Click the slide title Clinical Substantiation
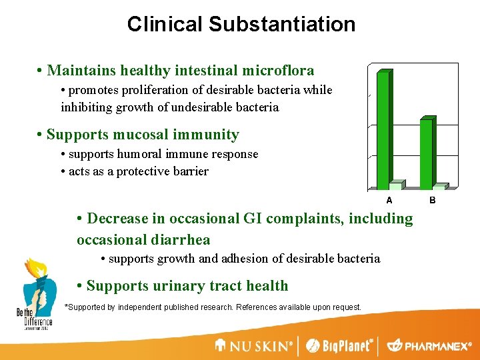[241, 25]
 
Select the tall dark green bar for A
[383, 130]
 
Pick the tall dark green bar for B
[425, 153]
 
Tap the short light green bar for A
[396, 185]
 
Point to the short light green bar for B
[439, 187]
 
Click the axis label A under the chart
[389, 199]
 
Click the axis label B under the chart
[432, 199]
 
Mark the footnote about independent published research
[212, 307]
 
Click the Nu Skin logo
[254, 345]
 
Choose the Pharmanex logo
[429, 345]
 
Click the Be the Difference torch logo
[35, 293]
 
